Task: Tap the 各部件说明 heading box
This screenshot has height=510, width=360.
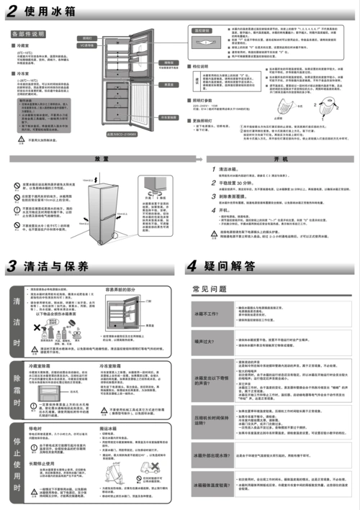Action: (28, 34)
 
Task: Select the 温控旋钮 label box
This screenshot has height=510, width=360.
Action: (203, 32)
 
